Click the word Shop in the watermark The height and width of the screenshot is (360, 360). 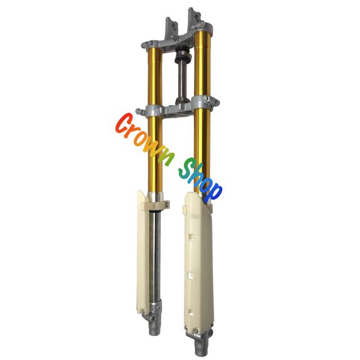click(x=200, y=181)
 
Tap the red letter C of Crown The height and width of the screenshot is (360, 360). click(x=123, y=123)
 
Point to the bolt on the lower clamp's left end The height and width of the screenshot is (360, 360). click(x=138, y=111)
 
